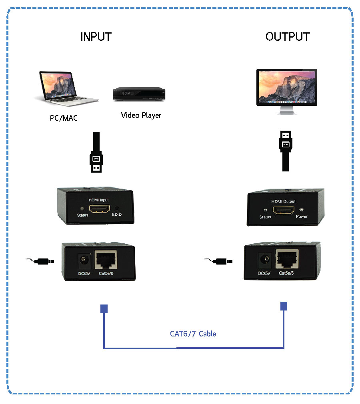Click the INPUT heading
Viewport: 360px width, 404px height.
(x=96, y=37)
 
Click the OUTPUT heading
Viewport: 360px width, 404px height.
(x=287, y=37)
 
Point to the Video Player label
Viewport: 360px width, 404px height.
(x=141, y=115)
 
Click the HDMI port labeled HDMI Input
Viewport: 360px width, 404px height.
(x=99, y=209)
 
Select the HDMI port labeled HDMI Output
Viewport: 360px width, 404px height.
(x=284, y=210)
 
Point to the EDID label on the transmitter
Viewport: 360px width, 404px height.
(x=116, y=215)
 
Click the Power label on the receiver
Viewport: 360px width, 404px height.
(x=302, y=217)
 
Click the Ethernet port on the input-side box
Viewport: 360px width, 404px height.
(x=105, y=261)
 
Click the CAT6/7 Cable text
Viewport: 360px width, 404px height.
(x=193, y=334)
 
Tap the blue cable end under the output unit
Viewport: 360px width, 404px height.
(x=284, y=306)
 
